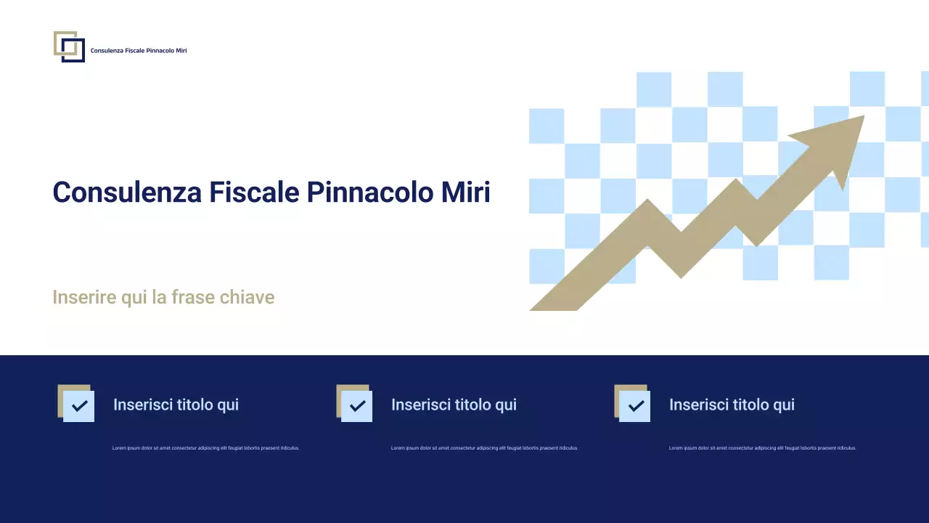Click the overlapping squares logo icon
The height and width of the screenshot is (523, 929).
click(x=69, y=46)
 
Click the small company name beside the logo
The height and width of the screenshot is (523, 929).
click(x=138, y=51)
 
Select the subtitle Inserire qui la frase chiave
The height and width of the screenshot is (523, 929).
click(x=163, y=297)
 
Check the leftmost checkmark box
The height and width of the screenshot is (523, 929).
click(x=78, y=405)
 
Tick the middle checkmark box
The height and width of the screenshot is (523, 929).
click(x=356, y=405)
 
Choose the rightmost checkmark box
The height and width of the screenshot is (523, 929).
click(x=634, y=405)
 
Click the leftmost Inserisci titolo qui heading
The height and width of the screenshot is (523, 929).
click(x=176, y=405)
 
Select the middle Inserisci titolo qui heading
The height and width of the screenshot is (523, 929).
click(x=454, y=405)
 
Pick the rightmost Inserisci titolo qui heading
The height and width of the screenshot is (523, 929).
click(x=732, y=405)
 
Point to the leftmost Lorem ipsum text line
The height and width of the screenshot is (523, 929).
click(x=205, y=448)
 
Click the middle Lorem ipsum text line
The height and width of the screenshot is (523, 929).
click(x=484, y=448)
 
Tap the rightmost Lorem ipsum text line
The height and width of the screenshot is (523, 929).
click(x=762, y=448)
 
